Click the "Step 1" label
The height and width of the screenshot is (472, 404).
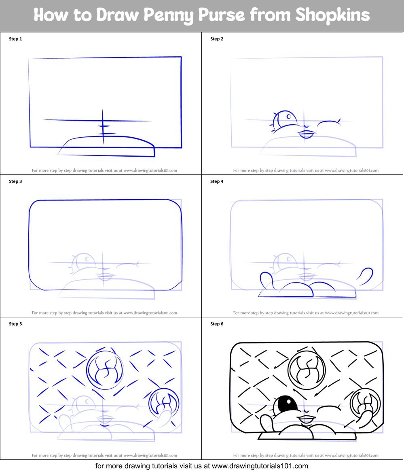click(15, 39)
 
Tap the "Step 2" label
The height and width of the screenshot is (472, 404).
click(217, 39)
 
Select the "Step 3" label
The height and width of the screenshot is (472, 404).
click(15, 182)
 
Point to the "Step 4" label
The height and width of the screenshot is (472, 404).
click(217, 182)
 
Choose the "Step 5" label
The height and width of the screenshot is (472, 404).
click(15, 324)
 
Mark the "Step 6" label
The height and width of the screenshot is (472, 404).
click(217, 324)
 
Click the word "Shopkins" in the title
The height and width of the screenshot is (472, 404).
click(332, 15)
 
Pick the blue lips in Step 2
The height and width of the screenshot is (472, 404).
click(307, 133)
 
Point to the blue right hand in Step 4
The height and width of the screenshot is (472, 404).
click(365, 274)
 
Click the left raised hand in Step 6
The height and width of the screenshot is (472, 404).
click(266, 423)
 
